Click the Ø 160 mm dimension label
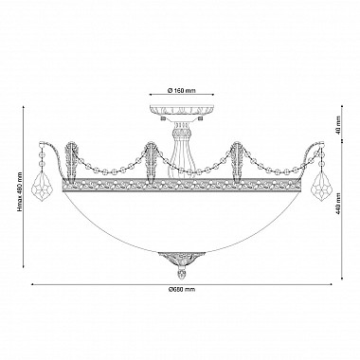[x=181, y=91]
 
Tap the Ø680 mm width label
[x=182, y=289]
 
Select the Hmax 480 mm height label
[x=20, y=191]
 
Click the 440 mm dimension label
[x=338, y=204]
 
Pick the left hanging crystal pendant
[x=43, y=187]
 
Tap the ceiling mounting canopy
[x=182, y=110]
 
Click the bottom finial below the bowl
[x=181, y=274]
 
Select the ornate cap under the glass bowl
[x=181, y=260]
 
